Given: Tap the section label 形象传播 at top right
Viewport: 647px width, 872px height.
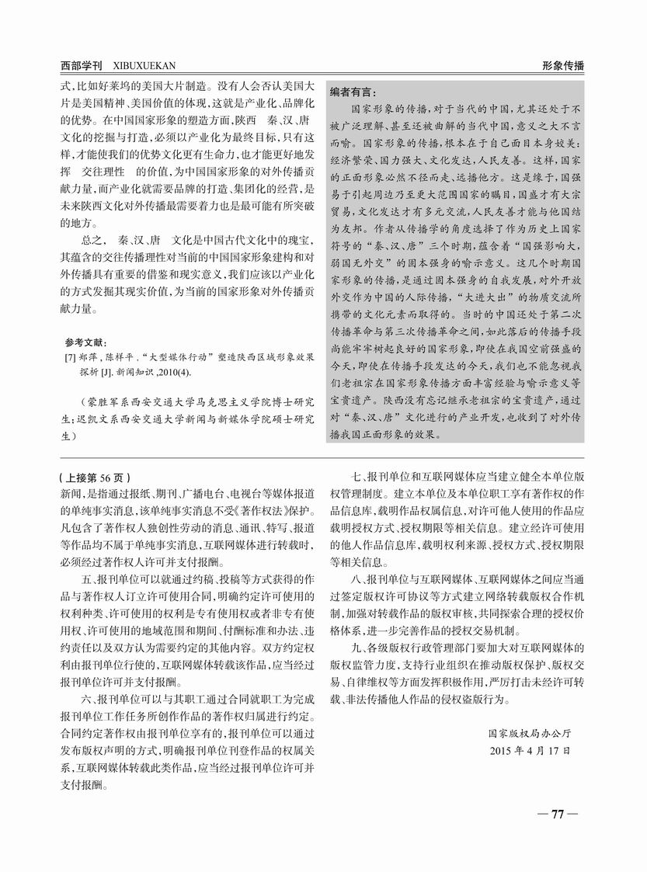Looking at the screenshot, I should pos(563,65).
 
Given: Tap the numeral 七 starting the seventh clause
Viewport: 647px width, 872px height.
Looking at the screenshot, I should pos(357,478).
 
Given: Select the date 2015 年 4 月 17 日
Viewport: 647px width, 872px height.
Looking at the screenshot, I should pos(531,751).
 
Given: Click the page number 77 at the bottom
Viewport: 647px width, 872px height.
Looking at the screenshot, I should pos(557,814).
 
